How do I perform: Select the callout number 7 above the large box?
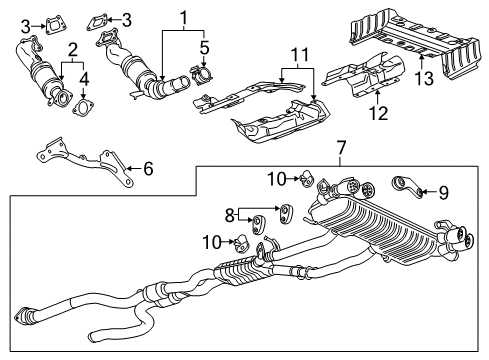pos(342,149)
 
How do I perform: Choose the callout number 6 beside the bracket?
pos(148,168)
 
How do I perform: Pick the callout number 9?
pos(444,189)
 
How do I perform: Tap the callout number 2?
pos(70,48)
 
